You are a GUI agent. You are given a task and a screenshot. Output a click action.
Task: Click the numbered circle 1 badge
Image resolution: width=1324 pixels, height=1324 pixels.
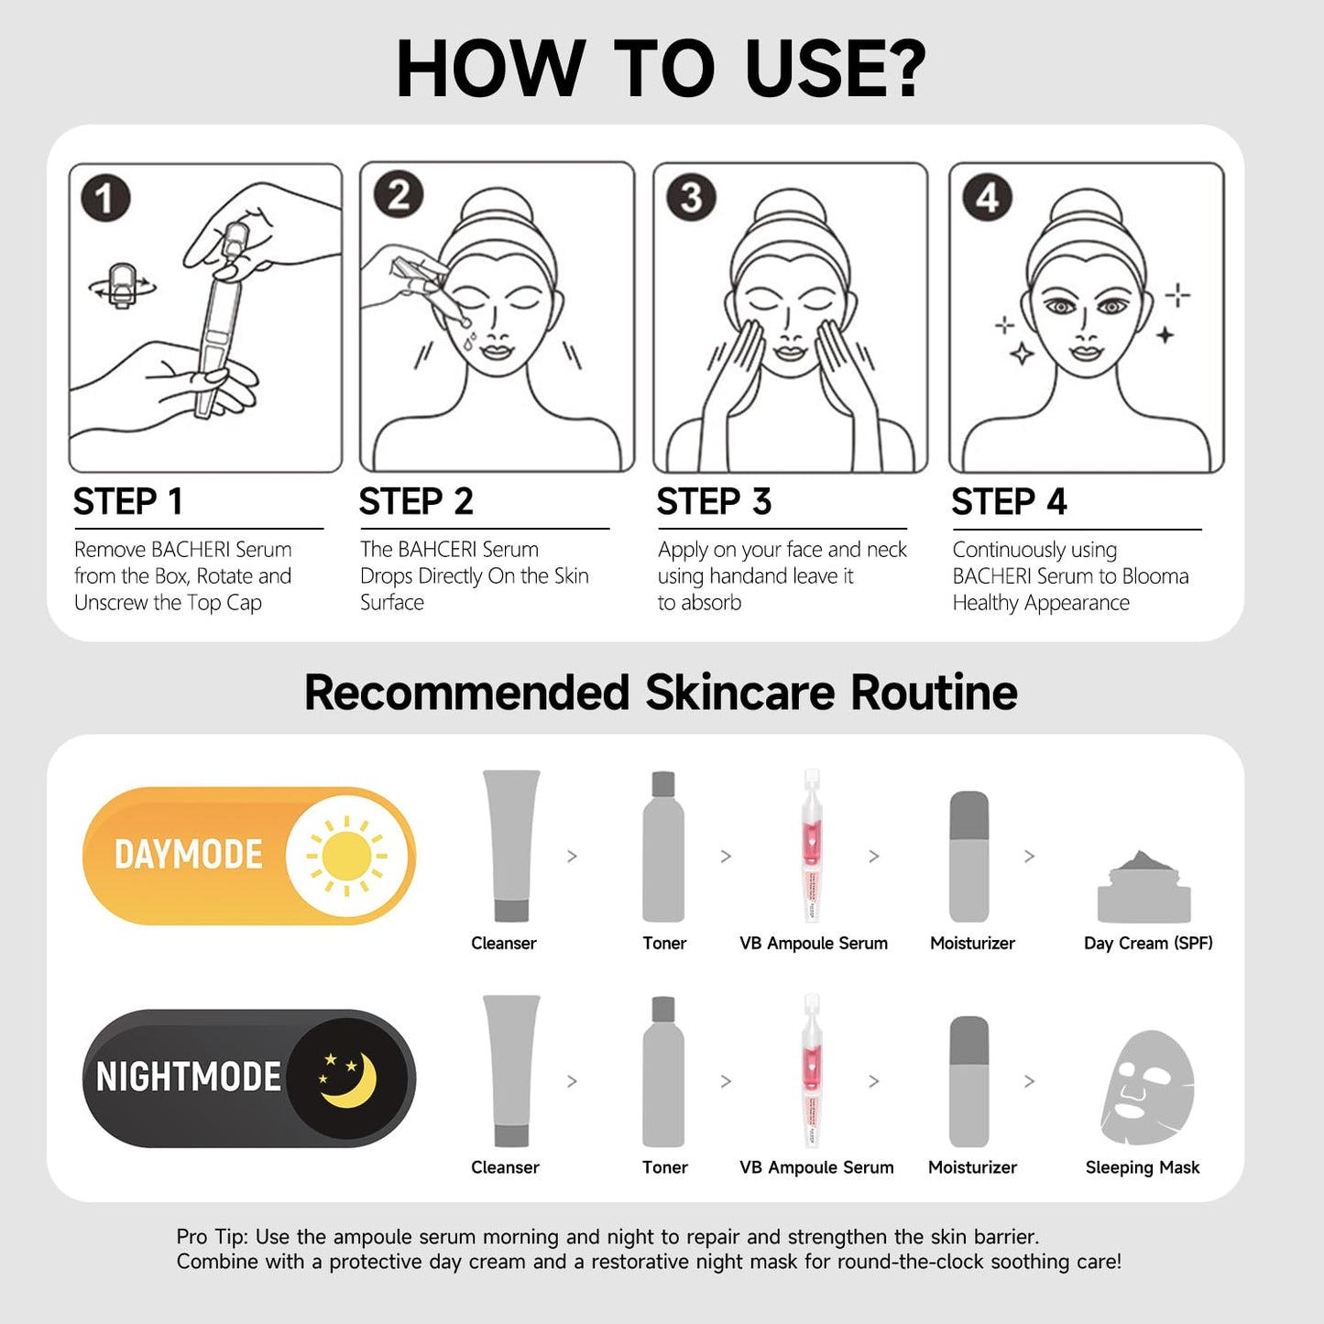[105, 198]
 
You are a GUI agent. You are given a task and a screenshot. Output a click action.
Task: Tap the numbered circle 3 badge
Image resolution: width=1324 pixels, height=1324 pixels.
[692, 197]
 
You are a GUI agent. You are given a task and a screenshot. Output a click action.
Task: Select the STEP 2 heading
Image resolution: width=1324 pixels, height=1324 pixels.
[416, 502]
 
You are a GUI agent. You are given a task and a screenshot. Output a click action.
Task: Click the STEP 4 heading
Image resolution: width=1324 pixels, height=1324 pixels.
[1009, 502]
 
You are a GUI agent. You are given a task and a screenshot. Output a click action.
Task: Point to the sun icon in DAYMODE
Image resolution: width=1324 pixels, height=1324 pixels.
[347, 856]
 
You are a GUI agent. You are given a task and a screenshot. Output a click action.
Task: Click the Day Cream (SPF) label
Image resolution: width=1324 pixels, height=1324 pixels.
[1148, 943]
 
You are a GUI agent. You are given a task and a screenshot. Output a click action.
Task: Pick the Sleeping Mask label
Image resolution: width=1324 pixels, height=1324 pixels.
[1143, 1167]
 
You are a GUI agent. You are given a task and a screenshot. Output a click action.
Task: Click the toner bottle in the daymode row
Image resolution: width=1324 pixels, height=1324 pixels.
[663, 848]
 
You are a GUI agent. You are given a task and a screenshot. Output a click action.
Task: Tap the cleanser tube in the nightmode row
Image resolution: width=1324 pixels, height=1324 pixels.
[511, 1070]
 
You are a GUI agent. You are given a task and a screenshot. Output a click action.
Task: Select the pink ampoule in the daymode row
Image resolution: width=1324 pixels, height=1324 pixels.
[812, 845]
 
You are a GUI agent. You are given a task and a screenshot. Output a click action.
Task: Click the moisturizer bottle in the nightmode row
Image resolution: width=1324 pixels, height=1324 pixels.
[969, 1081]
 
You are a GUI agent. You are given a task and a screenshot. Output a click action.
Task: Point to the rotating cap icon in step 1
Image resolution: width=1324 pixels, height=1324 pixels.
[122, 285]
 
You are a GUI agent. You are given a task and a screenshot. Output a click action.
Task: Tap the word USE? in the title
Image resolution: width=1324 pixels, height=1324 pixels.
[835, 69]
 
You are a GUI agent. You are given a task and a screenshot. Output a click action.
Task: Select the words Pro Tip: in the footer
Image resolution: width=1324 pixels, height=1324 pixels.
[212, 1237]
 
